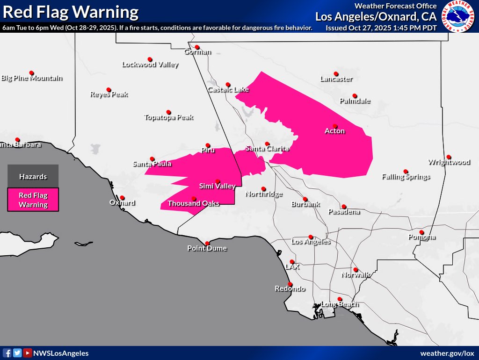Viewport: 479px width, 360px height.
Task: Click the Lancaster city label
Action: pyautogui.click(x=336, y=79)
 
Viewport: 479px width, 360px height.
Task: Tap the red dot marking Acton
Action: pyautogui.click(x=335, y=125)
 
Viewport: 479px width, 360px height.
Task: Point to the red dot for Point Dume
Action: pyautogui.click(x=207, y=243)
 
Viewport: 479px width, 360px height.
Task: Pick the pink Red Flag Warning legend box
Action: pyautogui.click(x=33, y=200)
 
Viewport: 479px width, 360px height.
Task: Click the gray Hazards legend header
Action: pyautogui.click(x=33, y=177)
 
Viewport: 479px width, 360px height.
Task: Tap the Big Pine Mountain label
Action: pyautogui.click(x=32, y=78)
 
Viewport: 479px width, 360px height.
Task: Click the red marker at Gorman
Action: pyautogui.click(x=197, y=47)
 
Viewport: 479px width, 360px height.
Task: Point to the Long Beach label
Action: pyautogui.click(x=340, y=304)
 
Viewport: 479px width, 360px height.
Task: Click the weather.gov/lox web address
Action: pyautogui.click(x=447, y=353)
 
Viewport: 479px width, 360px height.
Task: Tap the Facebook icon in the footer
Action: pyautogui.click(x=7, y=353)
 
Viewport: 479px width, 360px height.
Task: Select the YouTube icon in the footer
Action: pyautogui.click(x=28, y=353)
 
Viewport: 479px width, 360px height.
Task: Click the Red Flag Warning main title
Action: pyautogui.click(x=70, y=12)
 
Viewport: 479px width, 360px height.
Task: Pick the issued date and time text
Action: pyautogui.click(x=381, y=28)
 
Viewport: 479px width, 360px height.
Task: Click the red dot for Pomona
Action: pyautogui.click(x=421, y=232)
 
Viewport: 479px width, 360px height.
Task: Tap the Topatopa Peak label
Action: pyautogui.click(x=168, y=117)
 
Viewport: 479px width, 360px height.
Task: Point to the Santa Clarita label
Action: pyautogui.click(x=267, y=149)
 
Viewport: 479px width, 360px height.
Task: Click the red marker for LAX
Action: pyautogui.click(x=292, y=262)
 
